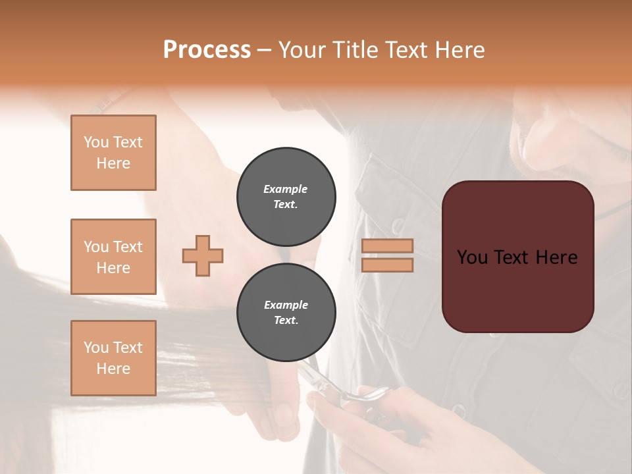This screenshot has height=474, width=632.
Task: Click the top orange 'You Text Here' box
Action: [x=113, y=153]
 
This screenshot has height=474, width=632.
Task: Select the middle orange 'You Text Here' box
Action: [x=113, y=257]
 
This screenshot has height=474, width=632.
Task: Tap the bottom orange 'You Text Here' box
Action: [x=113, y=358]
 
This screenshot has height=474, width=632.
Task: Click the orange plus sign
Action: [x=203, y=255]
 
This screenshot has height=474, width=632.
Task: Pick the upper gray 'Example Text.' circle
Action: [x=286, y=197]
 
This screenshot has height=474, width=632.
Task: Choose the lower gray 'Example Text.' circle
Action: [x=286, y=313]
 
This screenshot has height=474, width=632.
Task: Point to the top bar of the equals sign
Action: [x=387, y=246]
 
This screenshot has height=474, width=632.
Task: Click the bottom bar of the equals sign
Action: [x=387, y=265]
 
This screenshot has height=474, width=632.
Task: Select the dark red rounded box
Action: [x=517, y=257]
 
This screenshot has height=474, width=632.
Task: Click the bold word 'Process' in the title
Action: [x=207, y=50]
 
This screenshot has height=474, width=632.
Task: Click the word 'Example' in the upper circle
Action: [x=286, y=189]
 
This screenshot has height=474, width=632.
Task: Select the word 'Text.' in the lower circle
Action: [x=286, y=321]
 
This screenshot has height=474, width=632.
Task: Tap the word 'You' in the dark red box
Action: [x=472, y=257]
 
